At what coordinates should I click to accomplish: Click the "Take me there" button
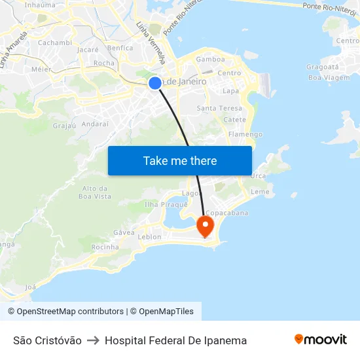(x=180, y=161)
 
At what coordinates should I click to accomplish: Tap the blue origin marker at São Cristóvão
(x=155, y=83)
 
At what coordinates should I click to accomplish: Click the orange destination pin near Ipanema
(x=206, y=226)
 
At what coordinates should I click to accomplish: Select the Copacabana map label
(x=227, y=213)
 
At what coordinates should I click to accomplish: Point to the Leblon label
(x=150, y=237)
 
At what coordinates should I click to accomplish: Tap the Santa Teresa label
(x=219, y=108)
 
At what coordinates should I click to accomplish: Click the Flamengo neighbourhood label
(x=245, y=134)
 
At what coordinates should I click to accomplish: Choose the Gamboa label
(x=211, y=59)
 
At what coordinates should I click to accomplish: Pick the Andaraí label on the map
(x=96, y=124)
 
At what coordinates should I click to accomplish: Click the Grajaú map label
(x=65, y=125)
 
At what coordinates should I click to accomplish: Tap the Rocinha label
(x=105, y=247)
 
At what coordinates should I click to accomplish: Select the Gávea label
(x=124, y=232)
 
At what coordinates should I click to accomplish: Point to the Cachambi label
(x=55, y=43)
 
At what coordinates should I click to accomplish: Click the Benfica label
(x=120, y=48)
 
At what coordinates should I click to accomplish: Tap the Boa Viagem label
(x=324, y=78)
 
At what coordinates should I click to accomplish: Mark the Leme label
(x=260, y=192)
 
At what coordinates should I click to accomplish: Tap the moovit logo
(x=321, y=340)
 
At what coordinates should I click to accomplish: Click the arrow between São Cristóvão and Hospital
(x=93, y=340)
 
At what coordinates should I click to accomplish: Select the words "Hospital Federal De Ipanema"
(x=175, y=340)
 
